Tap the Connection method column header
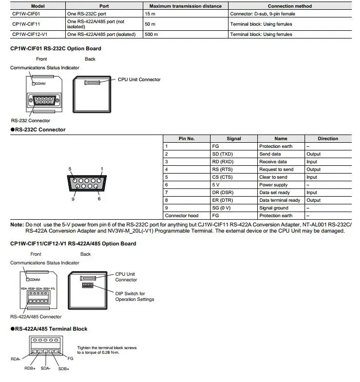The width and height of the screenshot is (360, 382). click(288, 6)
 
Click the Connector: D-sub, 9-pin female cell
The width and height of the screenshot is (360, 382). click(262, 14)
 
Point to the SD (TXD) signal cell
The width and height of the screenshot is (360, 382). click(222, 154)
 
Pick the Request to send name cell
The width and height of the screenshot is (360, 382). click(276, 169)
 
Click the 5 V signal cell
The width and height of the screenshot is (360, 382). click(216, 185)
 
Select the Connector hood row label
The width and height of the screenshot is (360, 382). click(181, 216)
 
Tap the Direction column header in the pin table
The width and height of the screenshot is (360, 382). click(328, 139)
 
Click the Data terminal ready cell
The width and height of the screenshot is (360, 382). click(279, 200)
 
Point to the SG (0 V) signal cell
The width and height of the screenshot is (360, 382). click(221, 208)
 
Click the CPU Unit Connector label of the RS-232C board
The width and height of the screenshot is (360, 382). click(139, 80)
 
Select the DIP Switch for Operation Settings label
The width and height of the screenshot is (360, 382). click(135, 296)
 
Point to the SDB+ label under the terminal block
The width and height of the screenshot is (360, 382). click(64, 369)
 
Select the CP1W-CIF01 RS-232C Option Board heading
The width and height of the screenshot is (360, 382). click(55, 49)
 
